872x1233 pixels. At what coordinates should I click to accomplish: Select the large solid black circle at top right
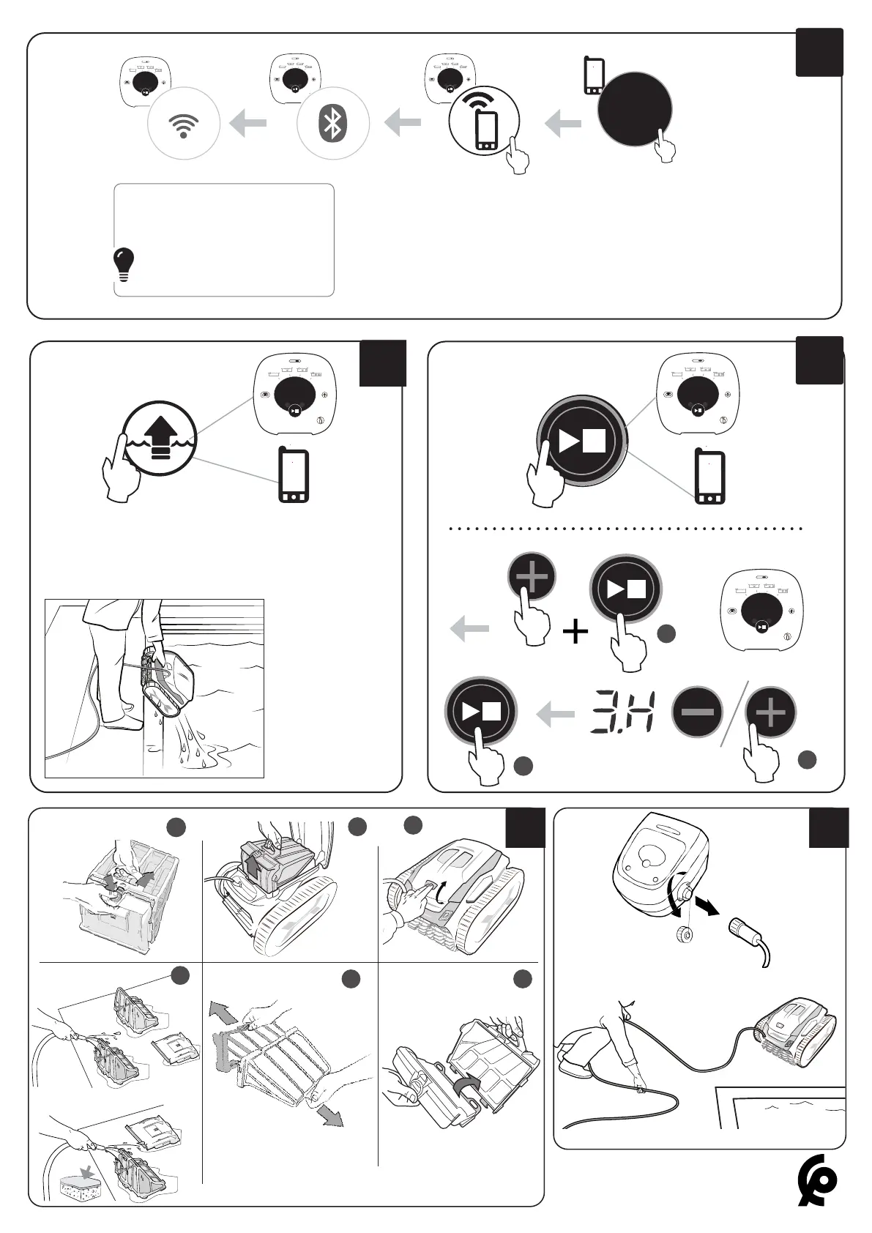click(x=634, y=108)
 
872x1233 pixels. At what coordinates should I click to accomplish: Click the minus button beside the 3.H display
click(x=698, y=712)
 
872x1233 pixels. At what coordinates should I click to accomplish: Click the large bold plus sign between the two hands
click(x=576, y=630)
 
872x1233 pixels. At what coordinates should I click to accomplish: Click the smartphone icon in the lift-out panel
click(x=293, y=476)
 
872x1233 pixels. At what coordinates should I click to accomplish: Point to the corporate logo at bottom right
click(x=817, y=1180)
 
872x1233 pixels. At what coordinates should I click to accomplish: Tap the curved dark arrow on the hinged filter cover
click(x=465, y=1087)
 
